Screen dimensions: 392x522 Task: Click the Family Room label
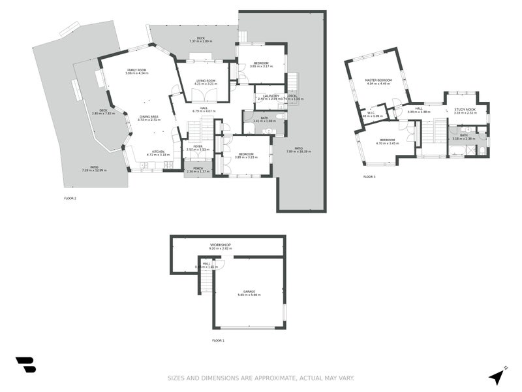tap(137, 70)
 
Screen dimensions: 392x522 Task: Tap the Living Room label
tap(206, 80)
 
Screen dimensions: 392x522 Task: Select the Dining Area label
tap(149, 116)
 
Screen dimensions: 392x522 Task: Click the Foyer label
tap(198, 146)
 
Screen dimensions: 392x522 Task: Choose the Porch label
tap(198, 168)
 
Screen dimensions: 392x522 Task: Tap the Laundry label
tap(270, 96)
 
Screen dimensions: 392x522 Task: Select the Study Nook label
tap(465, 109)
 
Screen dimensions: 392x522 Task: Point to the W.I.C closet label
tap(370, 112)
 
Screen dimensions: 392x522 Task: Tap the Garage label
tap(249, 291)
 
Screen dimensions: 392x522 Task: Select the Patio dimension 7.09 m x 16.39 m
tap(298, 152)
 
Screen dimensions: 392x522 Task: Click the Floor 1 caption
tap(218, 340)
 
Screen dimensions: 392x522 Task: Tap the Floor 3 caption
tap(370, 176)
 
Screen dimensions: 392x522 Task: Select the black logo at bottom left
tap(25, 365)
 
